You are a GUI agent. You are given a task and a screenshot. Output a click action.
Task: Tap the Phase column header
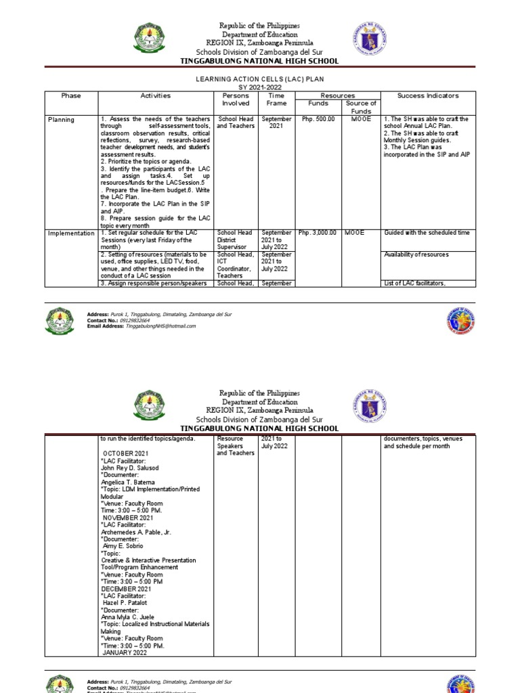pyautogui.click(x=70, y=96)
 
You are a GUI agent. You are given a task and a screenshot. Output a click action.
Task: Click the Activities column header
pyautogui.click(x=156, y=96)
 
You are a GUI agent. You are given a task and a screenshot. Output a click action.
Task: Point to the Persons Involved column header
pyautogui.click(x=236, y=99)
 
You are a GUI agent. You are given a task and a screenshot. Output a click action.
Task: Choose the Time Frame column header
pyautogui.click(x=276, y=99)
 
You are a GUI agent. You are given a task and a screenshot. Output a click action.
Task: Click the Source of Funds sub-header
pyautogui.click(x=361, y=107)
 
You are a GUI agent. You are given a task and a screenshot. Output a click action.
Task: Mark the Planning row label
pyautogui.click(x=62, y=120)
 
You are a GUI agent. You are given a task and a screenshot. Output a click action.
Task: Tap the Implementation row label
pyautogui.click(x=71, y=233)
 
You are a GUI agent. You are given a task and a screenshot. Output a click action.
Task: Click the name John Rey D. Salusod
pyautogui.click(x=129, y=468)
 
